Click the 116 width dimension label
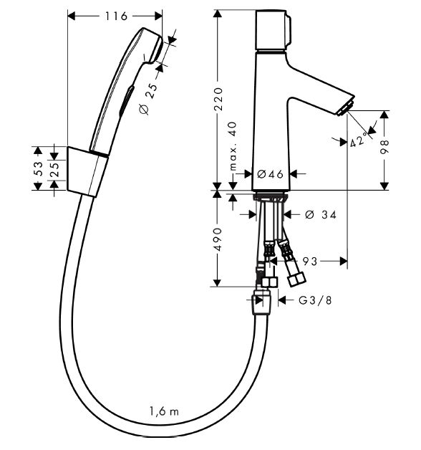click(115, 16)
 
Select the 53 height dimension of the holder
click(38, 168)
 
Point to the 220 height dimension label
click(218, 100)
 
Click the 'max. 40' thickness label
click(233, 146)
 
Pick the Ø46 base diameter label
click(270, 174)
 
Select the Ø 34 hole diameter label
click(321, 214)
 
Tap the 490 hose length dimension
click(218, 239)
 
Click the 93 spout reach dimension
click(310, 261)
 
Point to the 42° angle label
click(359, 140)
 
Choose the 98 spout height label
click(384, 147)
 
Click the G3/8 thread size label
click(315, 300)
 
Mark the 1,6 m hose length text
click(164, 411)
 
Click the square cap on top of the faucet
click(274, 30)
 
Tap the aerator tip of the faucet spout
click(346, 107)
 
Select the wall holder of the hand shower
click(87, 172)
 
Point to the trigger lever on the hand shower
click(126, 100)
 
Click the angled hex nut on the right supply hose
click(297, 278)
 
